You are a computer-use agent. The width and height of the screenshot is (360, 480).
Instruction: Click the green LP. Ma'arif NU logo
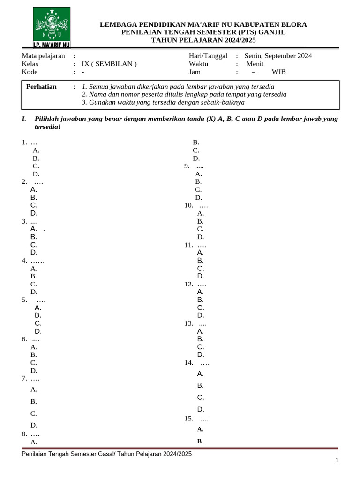click(52, 28)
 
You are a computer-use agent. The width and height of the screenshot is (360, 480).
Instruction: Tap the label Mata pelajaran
click(44, 56)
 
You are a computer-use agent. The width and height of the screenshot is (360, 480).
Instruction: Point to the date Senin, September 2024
click(278, 56)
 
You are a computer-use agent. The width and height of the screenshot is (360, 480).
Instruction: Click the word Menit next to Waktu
click(255, 64)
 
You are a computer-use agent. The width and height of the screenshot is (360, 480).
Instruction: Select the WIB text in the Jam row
click(278, 72)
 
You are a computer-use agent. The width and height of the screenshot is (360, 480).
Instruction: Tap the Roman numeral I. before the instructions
click(24, 119)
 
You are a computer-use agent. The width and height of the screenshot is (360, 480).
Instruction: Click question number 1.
click(24, 142)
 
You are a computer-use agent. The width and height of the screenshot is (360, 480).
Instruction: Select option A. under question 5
click(38, 307)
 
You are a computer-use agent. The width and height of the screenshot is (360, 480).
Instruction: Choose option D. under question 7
click(34, 425)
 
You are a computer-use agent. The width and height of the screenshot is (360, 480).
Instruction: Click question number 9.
click(187, 166)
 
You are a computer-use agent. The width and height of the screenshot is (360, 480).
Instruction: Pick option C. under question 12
click(201, 307)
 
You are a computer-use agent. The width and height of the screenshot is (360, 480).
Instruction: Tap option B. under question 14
click(201, 385)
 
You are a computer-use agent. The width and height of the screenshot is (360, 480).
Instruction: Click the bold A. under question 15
click(200, 429)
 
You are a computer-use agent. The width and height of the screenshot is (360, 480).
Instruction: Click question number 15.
click(189, 418)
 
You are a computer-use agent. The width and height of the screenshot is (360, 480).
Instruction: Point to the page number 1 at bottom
click(337, 461)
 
